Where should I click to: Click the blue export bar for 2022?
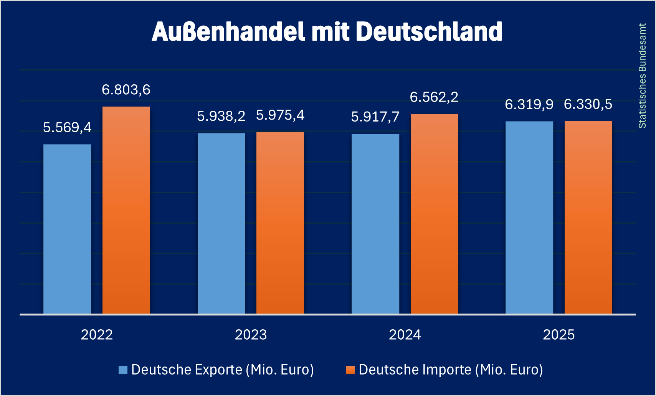tap(67, 229)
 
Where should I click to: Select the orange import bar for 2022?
tap(126, 210)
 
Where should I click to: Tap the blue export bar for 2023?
tap(221, 223)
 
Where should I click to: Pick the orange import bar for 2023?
tap(280, 223)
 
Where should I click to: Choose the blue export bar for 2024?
tap(375, 224)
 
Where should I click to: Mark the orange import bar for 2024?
tap(434, 214)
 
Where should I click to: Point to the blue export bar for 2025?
tap(529, 217)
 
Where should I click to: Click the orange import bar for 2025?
tap(588, 217)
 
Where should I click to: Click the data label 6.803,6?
tap(126, 90)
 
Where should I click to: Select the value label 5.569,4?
tap(67, 127)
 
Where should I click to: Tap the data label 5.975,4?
tap(280, 115)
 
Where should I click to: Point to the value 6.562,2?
tap(434, 97)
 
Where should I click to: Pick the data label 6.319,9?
tap(529, 104)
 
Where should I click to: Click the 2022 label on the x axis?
tap(97, 335)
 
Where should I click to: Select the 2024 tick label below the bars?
tap(405, 335)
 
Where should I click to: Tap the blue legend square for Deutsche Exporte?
tap(123, 370)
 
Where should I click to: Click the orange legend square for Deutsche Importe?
tap(350, 370)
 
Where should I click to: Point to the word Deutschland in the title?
tap(429, 31)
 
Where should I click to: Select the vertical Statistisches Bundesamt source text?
tap(642, 76)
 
